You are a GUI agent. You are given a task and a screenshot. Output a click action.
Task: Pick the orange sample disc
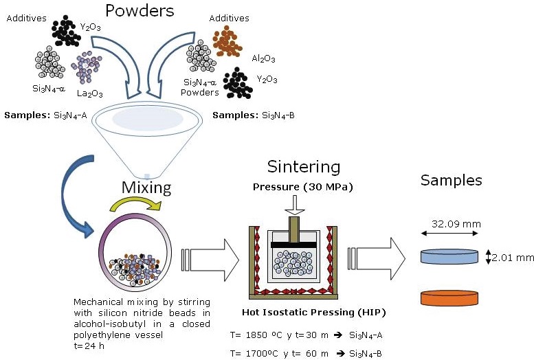tap(449, 297)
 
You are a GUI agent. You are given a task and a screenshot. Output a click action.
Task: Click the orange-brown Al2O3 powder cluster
tap(223, 43)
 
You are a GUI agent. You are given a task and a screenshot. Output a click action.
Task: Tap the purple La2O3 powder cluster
tap(89, 65)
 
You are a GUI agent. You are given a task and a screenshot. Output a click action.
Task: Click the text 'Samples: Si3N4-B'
tap(254, 115)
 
